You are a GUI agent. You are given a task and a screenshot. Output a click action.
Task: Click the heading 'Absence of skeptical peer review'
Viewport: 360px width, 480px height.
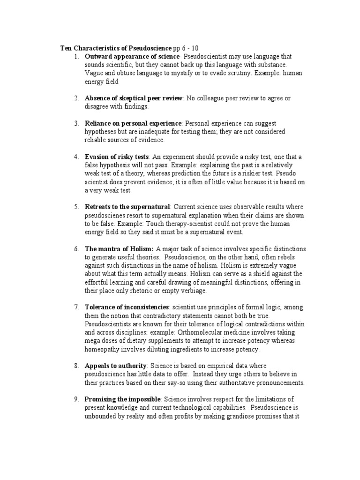coord(134,98)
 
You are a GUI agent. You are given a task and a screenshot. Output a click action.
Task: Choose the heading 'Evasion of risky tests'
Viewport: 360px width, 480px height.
coord(117,157)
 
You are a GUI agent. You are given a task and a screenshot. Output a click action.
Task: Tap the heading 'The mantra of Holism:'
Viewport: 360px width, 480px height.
coord(119,248)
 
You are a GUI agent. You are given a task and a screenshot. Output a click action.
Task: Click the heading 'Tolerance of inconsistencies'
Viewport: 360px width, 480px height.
coord(127,307)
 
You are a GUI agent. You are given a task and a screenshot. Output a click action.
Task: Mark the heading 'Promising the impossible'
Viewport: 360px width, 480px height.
coord(123,399)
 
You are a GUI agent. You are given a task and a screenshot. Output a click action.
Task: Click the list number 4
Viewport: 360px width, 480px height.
coord(76,157)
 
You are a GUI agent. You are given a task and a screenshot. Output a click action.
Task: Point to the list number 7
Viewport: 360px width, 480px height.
coord(76,307)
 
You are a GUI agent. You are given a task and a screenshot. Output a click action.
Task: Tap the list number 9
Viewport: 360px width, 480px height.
coord(76,399)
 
